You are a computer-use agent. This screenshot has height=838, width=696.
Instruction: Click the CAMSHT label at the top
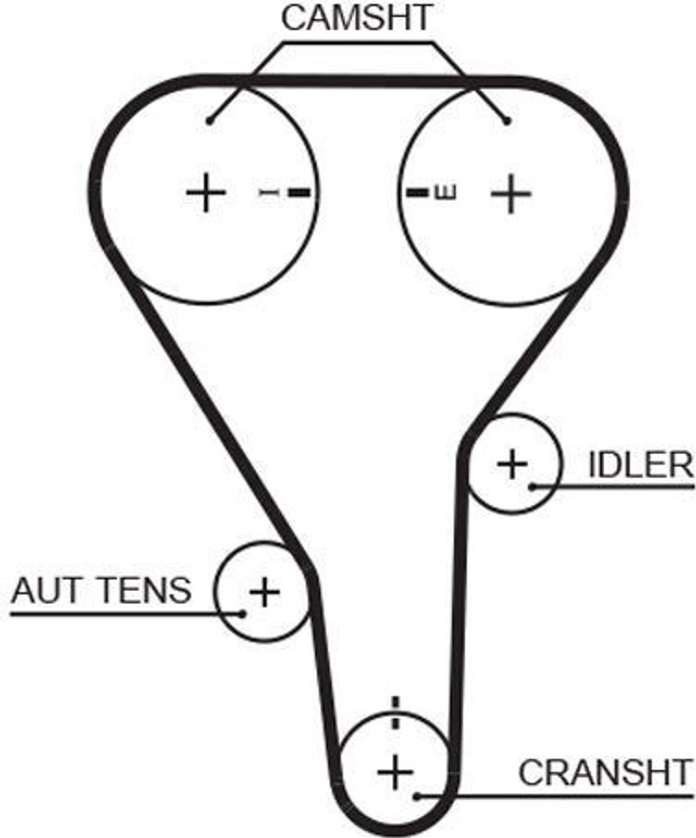[356, 18]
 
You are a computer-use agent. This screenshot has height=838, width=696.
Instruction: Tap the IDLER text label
[640, 465]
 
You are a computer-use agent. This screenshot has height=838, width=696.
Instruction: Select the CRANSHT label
[605, 772]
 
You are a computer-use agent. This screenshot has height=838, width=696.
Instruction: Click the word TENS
[145, 591]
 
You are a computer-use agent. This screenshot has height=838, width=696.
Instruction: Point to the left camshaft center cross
[206, 192]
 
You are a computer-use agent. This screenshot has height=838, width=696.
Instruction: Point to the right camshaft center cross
[511, 193]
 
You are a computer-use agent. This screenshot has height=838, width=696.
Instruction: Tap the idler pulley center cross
[513, 463]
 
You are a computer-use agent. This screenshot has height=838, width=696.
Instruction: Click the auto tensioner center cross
[264, 591]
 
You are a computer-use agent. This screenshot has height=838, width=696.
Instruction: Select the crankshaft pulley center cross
[395, 771]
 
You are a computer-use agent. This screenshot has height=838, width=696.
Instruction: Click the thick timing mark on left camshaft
[300, 191]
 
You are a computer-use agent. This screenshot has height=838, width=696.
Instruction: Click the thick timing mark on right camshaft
[418, 192]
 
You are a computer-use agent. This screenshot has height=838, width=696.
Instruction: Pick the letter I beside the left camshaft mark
[269, 191]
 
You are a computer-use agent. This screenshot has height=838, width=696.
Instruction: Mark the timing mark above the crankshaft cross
[395, 713]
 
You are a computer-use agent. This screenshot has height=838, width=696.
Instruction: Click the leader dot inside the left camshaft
[210, 122]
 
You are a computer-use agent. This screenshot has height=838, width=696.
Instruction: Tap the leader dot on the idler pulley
[532, 486]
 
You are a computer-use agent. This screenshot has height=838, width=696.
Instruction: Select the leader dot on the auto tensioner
[242, 613]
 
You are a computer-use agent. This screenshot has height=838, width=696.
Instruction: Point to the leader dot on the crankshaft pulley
[418, 796]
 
